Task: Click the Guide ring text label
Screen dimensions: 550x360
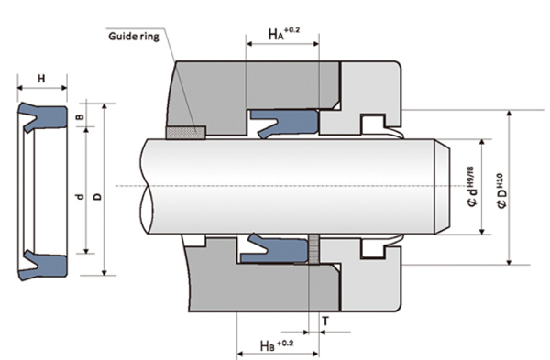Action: (x=133, y=37)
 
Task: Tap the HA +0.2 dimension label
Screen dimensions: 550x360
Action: (x=284, y=34)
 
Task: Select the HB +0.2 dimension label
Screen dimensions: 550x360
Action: (x=277, y=344)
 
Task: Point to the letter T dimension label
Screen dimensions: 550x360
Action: (x=325, y=321)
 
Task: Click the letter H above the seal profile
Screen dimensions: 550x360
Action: (x=41, y=79)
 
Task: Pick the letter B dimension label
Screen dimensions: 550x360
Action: (x=81, y=116)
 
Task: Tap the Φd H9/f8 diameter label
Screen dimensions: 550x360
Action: (x=472, y=187)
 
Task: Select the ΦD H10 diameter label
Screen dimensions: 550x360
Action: (x=501, y=191)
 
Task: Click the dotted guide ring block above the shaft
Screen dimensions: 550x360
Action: (x=185, y=133)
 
